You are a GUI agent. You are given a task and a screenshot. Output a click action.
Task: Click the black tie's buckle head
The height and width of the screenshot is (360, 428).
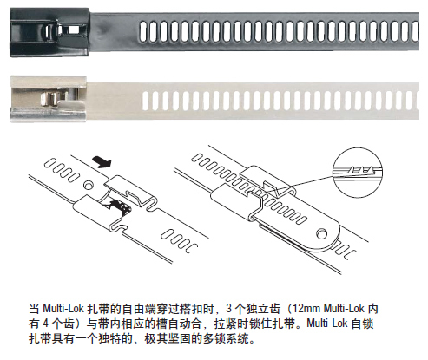pos(49,32)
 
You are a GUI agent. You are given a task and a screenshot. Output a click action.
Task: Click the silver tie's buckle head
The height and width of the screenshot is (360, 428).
pos(49,99)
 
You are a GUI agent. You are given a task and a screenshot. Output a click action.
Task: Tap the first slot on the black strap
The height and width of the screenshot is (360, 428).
pos(143,31)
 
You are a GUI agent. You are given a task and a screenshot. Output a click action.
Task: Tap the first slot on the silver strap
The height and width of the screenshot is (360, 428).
pos(145,101)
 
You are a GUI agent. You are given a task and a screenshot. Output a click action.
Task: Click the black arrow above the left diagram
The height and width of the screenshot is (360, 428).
pos(102,161)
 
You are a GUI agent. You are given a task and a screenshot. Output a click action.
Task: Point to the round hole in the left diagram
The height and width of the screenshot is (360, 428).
pos(88,185)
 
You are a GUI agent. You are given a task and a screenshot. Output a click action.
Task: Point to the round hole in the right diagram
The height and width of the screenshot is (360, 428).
pos(321,233)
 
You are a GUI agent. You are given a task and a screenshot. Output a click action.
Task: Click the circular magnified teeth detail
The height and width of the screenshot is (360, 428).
pos(358,173)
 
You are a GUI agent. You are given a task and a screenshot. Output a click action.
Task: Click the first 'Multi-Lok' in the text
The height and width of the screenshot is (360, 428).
pos(63,309)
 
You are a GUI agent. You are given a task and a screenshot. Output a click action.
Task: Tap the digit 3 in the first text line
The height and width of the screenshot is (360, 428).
pos(229,309)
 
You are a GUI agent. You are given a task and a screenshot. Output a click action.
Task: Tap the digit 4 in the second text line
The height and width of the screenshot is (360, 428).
pos(45,324)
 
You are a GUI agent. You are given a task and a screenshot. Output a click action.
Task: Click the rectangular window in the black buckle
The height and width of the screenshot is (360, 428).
pos(72,29)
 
